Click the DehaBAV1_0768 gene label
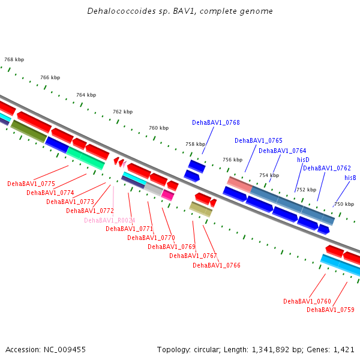[216, 122]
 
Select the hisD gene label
[303, 160]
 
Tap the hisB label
[350, 178]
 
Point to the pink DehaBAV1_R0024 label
[110, 220]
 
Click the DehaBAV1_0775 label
[31, 184]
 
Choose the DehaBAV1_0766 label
[217, 265]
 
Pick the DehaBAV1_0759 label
[331, 310]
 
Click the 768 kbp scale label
[14, 59]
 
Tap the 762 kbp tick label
[123, 112]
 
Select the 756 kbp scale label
[233, 160]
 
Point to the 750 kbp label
[344, 204]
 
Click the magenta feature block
[167, 195]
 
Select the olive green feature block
[29, 131]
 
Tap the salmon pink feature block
[239, 185]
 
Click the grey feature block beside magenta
[154, 189]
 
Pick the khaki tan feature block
[200, 209]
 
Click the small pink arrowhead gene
[124, 164]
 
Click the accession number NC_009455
[65, 350]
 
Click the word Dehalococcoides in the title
[118, 11]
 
